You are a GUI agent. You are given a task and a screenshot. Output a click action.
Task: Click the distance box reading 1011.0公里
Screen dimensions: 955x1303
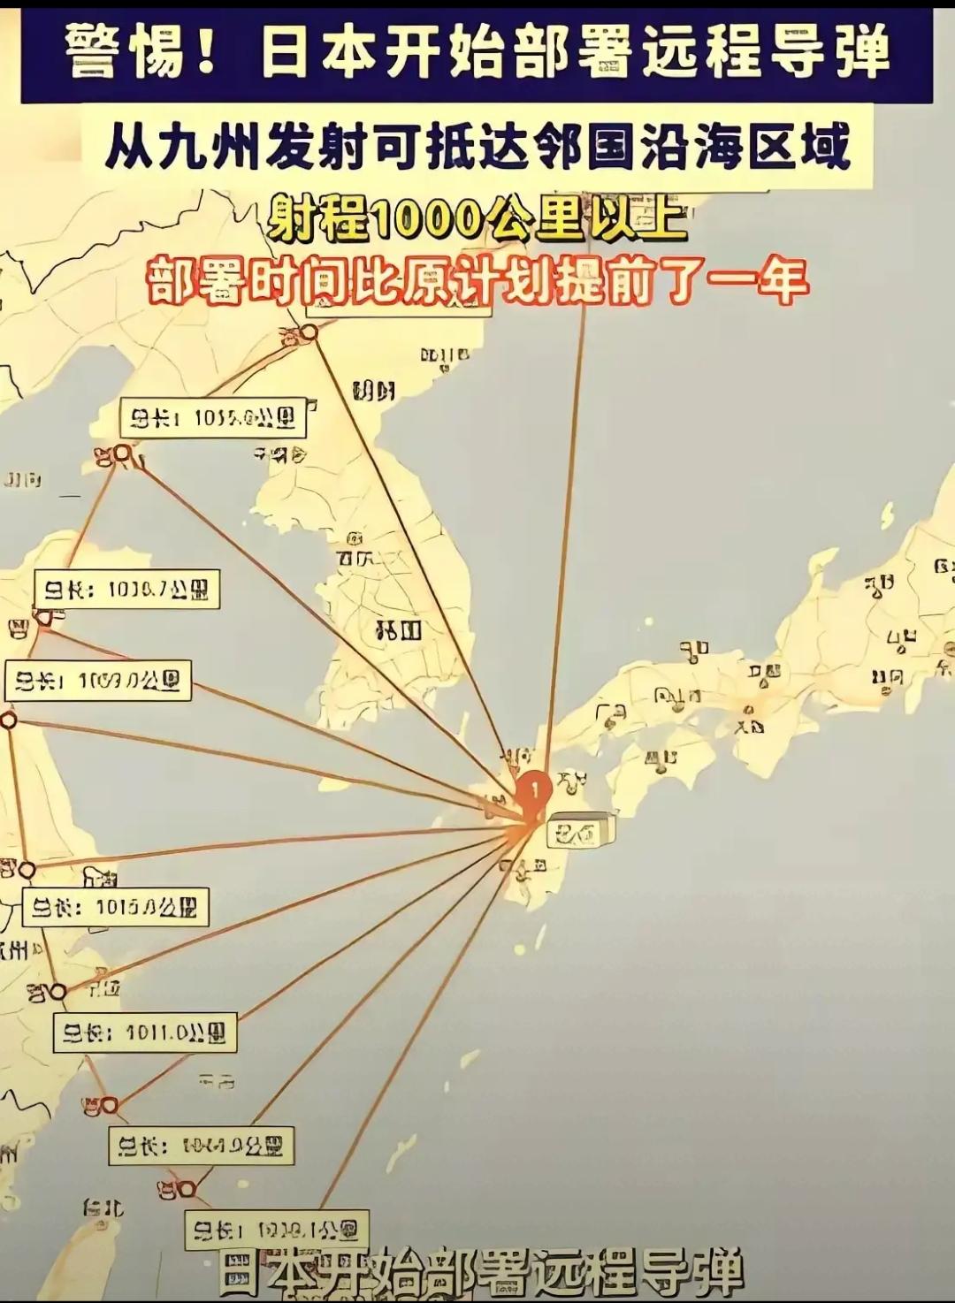(x=145, y=1032)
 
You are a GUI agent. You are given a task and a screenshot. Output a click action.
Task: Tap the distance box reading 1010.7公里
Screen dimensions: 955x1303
(x=127, y=590)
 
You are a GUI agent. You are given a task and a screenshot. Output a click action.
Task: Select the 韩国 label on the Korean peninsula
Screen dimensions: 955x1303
(x=399, y=630)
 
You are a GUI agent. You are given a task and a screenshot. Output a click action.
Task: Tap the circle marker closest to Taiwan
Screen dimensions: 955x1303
(x=186, y=1189)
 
